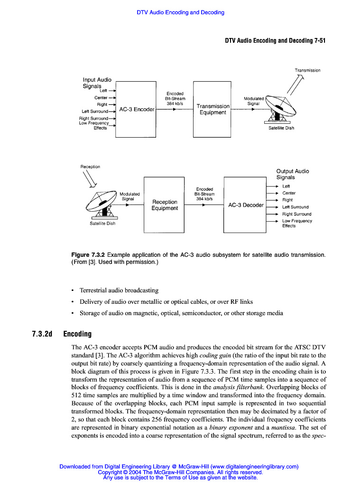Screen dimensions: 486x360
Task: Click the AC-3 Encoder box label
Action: click(x=137, y=109)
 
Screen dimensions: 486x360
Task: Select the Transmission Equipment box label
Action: click(x=213, y=109)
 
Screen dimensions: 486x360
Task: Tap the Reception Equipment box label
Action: click(x=165, y=205)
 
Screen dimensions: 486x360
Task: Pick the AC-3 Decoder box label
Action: click(x=246, y=205)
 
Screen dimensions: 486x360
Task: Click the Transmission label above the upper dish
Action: click(x=307, y=70)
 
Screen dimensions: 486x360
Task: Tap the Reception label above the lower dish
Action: click(x=90, y=167)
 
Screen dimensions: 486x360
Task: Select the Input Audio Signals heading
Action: click(x=97, y=83)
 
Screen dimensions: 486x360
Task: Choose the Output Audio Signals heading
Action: click(x=292, y=174)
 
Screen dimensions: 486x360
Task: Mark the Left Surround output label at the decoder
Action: click(x=295, y=207)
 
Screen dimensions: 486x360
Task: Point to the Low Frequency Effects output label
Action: click(x=297, y=223)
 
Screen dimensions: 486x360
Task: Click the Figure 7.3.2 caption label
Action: click(x=88, y=255)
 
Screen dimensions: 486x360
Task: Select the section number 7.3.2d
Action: click(x=42, y=334)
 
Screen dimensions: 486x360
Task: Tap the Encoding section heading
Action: click(x=77, y=334)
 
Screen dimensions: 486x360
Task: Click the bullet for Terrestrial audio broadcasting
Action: click(x=72, y=290)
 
